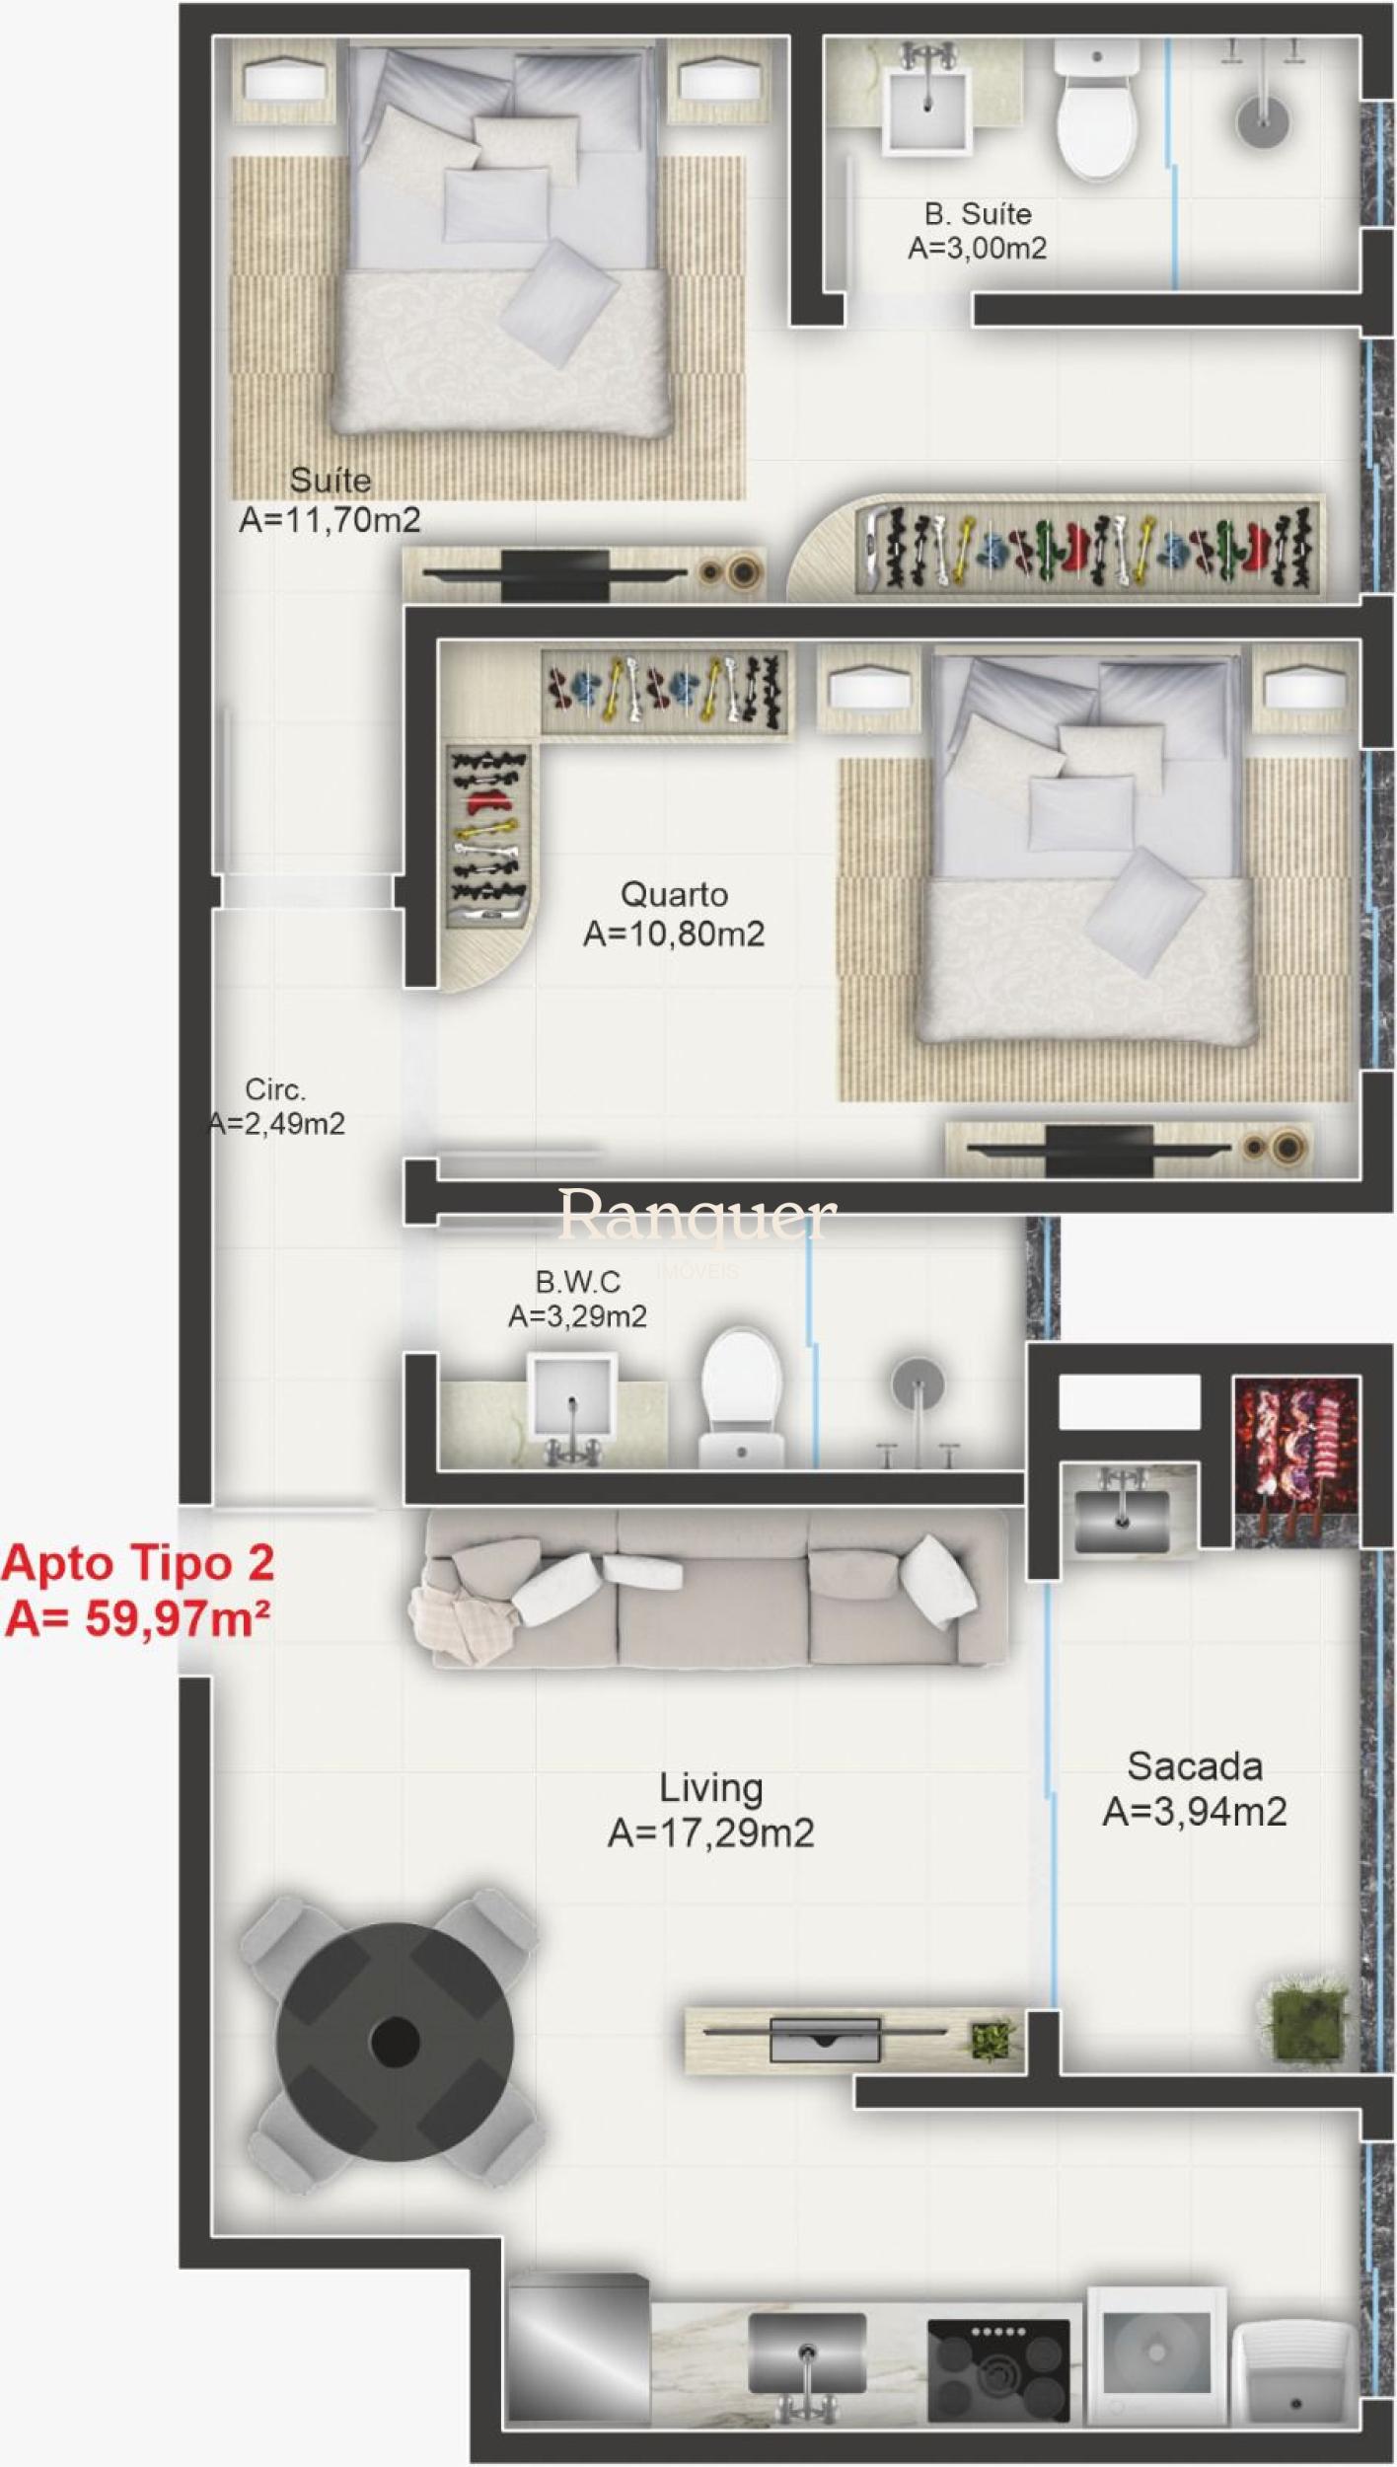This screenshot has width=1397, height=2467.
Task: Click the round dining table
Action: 395,2039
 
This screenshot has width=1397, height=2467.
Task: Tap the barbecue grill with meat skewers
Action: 1296,1458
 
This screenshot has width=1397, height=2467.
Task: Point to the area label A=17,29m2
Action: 711,1832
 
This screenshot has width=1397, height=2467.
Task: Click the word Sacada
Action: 1195,1766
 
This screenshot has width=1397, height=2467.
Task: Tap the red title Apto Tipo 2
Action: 138,1562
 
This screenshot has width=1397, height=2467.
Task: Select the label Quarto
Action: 675,894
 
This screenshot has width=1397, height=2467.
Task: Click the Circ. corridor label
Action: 275,1089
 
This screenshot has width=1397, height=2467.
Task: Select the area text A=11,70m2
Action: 331,520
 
